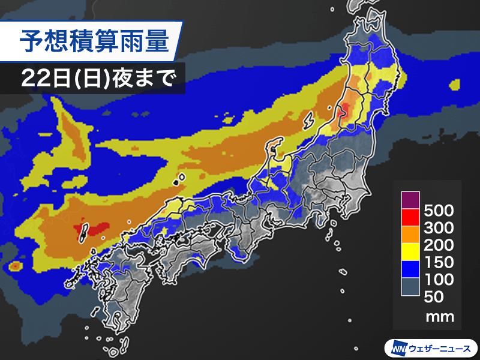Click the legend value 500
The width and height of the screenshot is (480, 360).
[x=439, y=211]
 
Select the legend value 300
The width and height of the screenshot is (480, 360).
[x=439, y=229]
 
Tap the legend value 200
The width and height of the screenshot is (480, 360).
[x=439, y=245]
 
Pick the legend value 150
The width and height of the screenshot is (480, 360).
[x=439, y=263]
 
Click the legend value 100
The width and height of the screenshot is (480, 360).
[x=439, y=280]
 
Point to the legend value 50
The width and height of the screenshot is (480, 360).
[x=434, y=296]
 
